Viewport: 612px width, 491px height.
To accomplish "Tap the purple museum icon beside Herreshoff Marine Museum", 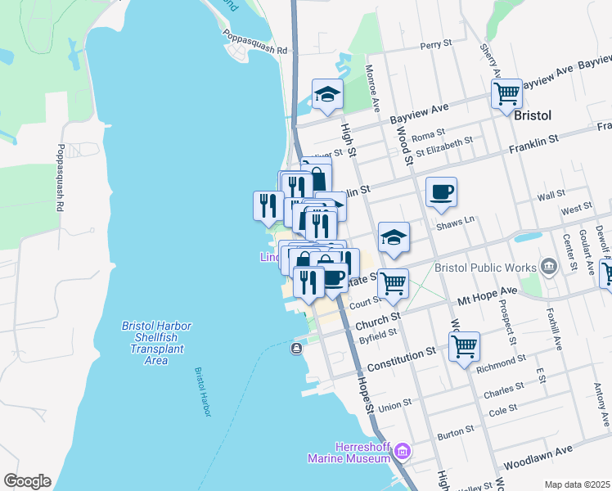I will (402, 451).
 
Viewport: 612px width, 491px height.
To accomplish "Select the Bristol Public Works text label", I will (486, 267).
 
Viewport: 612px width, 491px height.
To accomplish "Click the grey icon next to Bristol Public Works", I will (548, 266).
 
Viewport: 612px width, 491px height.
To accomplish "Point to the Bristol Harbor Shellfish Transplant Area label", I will (156, 343).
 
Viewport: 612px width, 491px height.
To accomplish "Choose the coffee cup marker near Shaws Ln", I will (441, 191).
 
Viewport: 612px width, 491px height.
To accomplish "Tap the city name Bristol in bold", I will (535, 115).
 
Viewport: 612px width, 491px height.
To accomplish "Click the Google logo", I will (27, 481).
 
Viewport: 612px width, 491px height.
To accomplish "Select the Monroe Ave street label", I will (372, 88).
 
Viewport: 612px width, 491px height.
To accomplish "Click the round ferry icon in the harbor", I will (296, 349).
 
